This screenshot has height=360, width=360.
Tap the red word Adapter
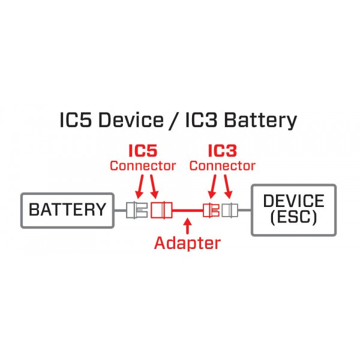point(188,243)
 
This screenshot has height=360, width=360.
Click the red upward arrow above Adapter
point(188,226)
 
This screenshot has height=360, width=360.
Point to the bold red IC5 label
point(143,151)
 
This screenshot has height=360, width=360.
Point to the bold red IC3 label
point(222,151)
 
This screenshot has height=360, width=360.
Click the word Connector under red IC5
point(143,166)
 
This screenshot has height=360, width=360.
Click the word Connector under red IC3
point(222,166)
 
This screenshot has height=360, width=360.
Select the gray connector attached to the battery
point(137,210)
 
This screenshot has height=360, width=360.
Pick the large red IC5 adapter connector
point(161,210)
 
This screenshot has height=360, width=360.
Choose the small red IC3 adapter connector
point(211,210)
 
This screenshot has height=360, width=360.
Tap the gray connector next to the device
point(230,210)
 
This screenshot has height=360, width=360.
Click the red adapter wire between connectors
point(188,210)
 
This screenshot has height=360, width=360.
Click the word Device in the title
point(131,120)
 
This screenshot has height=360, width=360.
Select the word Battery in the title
point(260,121)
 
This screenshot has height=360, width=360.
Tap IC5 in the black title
point(76,120)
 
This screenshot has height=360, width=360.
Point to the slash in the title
point(175,120)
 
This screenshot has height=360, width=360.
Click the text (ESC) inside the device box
point(293,217)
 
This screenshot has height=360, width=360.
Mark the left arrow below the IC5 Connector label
point(139,187)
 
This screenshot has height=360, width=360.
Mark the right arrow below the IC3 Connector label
point(228,187)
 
